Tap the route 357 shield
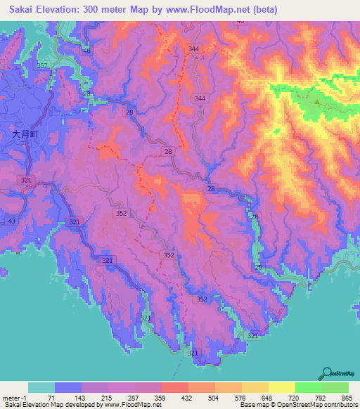tap(42, 65)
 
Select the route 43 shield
tap(11, 221)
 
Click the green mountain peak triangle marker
tap(317, 101)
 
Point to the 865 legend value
tap(348, 398)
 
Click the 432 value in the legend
tap(175, 398)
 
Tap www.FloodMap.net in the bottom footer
tap(129, 405)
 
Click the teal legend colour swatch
tap(41, 387)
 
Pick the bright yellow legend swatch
tap(282, 387)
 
